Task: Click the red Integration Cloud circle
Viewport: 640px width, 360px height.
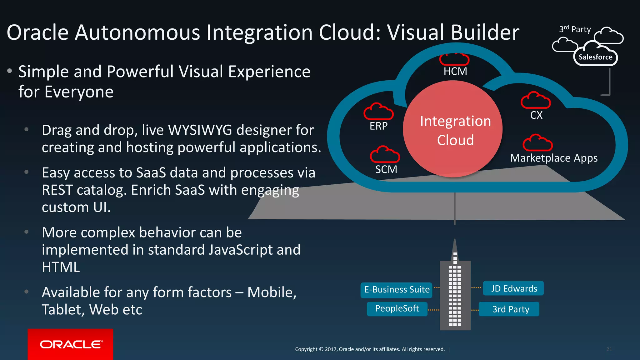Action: click(453, 129)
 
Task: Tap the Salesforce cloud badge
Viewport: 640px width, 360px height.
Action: click(595, 57)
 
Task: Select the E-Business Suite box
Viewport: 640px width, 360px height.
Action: click(397, 290)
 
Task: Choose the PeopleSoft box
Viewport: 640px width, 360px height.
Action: click(397, 309)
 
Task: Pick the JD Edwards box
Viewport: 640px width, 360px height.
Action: click(513, 288)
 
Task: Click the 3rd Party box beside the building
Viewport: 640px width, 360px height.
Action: click(509, 309)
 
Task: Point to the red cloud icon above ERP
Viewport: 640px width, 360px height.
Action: click(378, 112)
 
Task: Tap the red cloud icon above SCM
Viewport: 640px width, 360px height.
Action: click(385, 154)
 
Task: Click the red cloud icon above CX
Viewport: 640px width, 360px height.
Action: click(536, 100)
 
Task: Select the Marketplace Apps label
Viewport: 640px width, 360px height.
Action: click(554, 158)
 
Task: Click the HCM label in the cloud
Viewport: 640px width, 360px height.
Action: click(455, 72)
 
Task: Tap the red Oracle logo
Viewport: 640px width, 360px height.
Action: click(71, 344)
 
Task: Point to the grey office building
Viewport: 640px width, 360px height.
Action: click(455, 294)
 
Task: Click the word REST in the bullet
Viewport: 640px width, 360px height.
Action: click(57, 190)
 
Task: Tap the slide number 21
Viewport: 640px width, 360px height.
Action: click(609, 349)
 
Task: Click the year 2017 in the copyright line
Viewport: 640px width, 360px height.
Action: click(331, 349)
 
